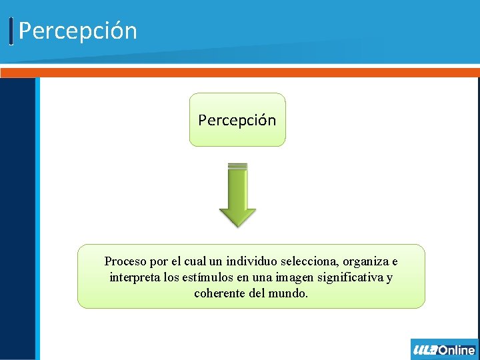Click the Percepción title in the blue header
77,31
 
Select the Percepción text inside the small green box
237,120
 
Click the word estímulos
201,277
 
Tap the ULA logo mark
425,350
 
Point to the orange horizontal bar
240,73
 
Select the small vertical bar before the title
11,31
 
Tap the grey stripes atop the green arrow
237,166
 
